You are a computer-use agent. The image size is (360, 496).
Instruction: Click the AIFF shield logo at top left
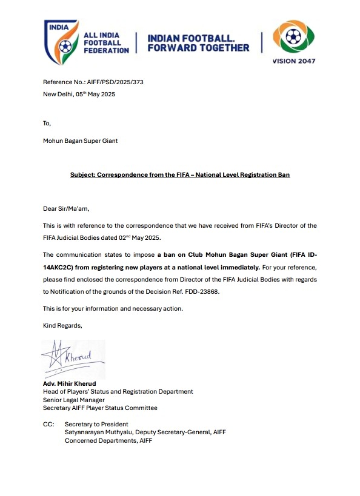pos(61,41)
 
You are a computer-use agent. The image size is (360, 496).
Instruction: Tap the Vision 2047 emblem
pos(293,38)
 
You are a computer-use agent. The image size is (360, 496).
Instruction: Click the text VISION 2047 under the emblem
pos(294,61)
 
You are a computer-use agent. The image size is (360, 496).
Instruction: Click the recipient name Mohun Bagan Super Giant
pos(80,141)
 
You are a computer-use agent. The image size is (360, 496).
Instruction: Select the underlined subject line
pos(180,175)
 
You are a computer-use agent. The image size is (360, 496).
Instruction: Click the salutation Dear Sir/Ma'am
pos(65,209)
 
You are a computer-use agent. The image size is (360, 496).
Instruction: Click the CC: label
pos(48,424)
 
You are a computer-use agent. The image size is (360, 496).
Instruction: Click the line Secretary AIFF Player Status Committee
pos(100,408)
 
